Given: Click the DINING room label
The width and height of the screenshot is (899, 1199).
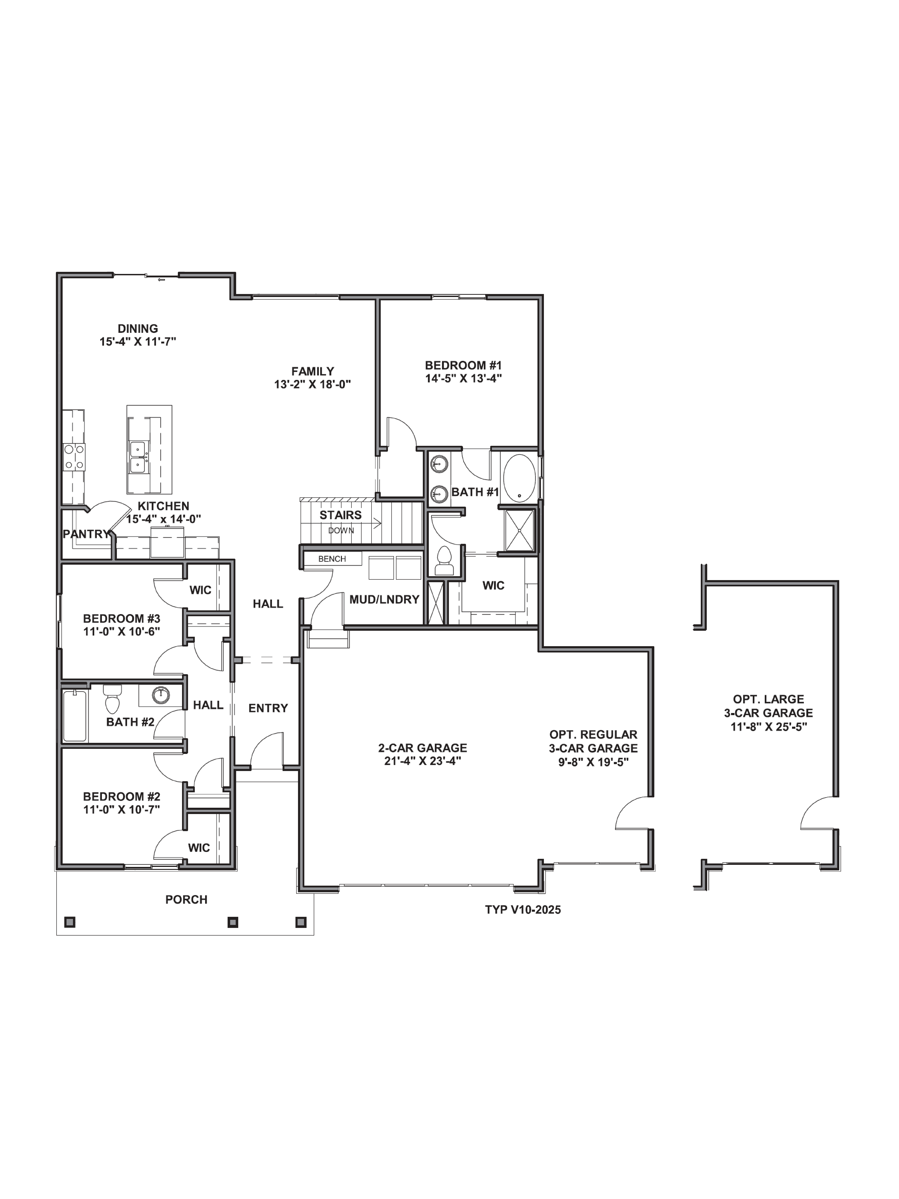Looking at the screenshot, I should (138, 328).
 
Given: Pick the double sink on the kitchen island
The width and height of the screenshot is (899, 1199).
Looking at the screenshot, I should (138, 457).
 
